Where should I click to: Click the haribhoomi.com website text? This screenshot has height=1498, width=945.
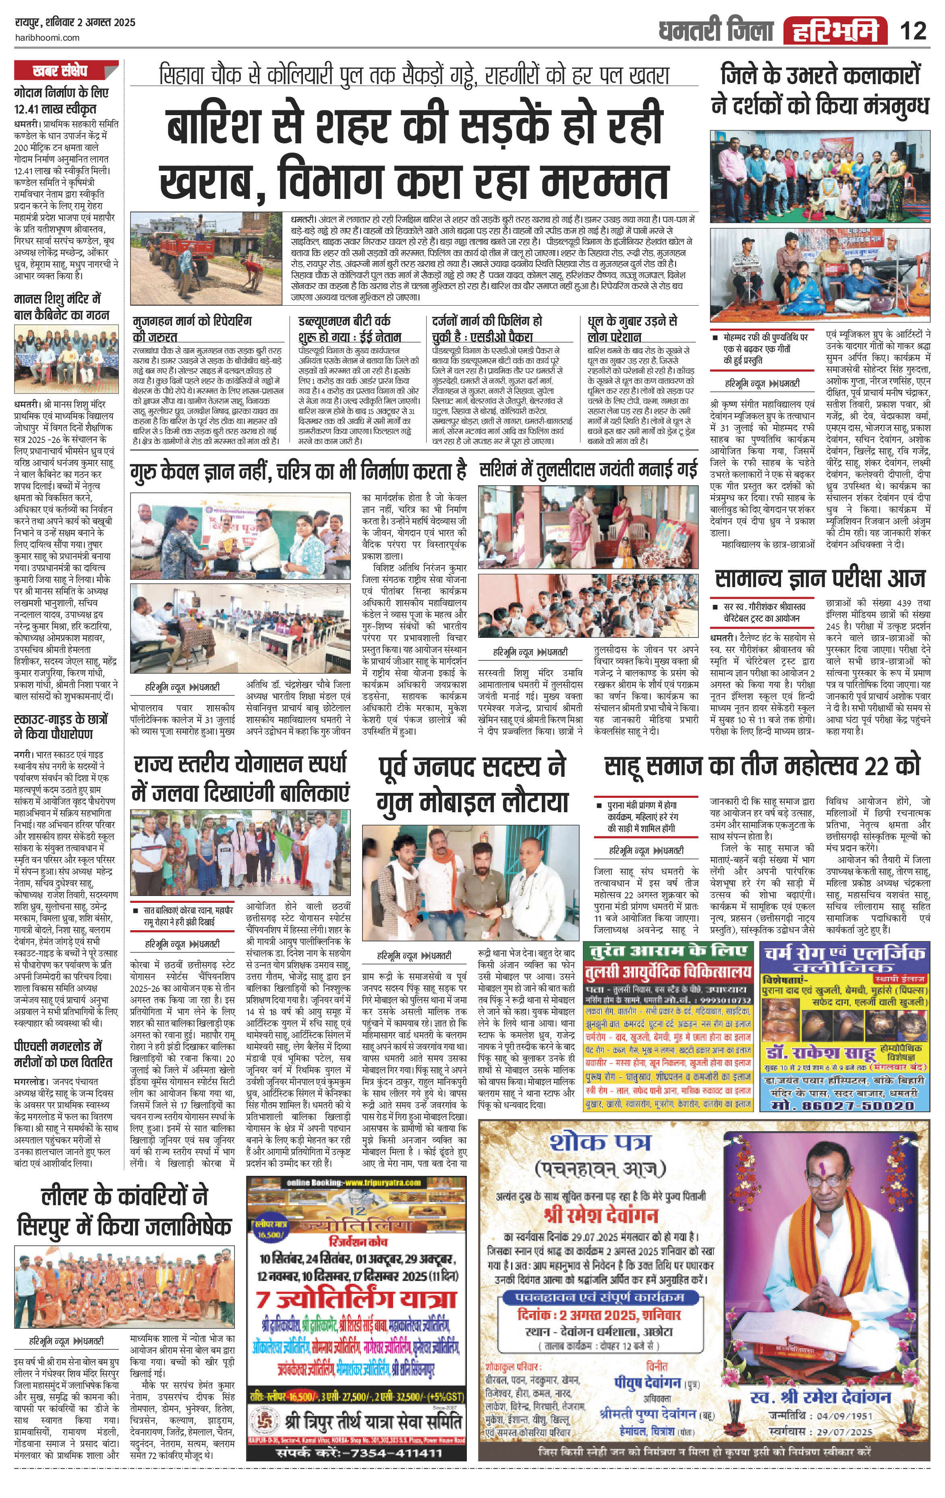(47, 37)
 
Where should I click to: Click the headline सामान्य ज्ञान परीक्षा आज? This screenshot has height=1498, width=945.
(820, 579)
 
